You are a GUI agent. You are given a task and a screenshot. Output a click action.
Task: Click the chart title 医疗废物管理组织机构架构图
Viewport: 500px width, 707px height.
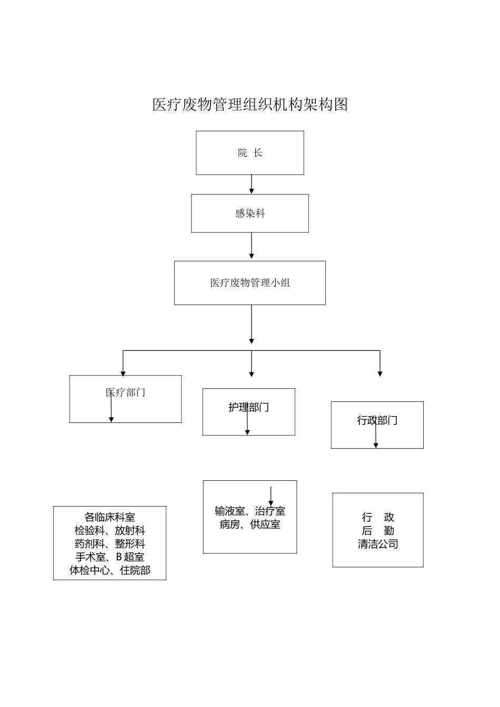point(250,105)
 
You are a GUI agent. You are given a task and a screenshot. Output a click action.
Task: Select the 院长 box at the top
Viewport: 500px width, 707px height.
point(250,153)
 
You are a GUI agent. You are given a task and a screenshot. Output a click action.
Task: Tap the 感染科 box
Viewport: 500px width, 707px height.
point(250,214)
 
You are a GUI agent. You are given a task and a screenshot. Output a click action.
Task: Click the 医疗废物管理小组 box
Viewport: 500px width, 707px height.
point(250,283)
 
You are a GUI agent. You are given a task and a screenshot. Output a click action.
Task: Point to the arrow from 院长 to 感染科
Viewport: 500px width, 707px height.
point(252,184)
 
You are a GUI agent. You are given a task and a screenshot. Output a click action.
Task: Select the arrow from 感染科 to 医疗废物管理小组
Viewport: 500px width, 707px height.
point(252,246)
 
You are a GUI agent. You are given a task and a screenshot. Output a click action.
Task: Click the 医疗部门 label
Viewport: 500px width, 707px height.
point(125,392)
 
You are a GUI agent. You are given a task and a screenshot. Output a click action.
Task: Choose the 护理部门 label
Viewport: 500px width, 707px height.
point(248,407)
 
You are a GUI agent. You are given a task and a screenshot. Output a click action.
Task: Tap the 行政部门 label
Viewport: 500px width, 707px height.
point(377,420)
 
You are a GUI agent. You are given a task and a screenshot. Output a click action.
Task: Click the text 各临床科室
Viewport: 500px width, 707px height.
point(109,517)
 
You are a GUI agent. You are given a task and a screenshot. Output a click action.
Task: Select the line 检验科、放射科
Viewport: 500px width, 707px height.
point(109,531)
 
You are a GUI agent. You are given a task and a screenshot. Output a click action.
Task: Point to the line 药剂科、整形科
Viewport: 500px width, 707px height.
point(109,544)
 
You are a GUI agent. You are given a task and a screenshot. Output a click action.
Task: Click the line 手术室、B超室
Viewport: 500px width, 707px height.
point(109,557)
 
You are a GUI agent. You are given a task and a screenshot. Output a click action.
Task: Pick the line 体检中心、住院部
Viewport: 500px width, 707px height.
point(109,570)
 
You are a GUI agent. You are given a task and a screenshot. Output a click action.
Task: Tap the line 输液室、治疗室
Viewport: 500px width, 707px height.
point(250,511)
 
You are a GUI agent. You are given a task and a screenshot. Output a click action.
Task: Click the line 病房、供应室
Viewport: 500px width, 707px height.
point(250,524)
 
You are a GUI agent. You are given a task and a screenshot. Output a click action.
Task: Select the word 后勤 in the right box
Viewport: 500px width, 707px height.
point(378,531)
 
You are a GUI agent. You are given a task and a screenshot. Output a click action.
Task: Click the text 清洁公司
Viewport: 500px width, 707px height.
point(378,544)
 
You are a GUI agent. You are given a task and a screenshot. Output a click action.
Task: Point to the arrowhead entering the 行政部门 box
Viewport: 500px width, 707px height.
point(380,373)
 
